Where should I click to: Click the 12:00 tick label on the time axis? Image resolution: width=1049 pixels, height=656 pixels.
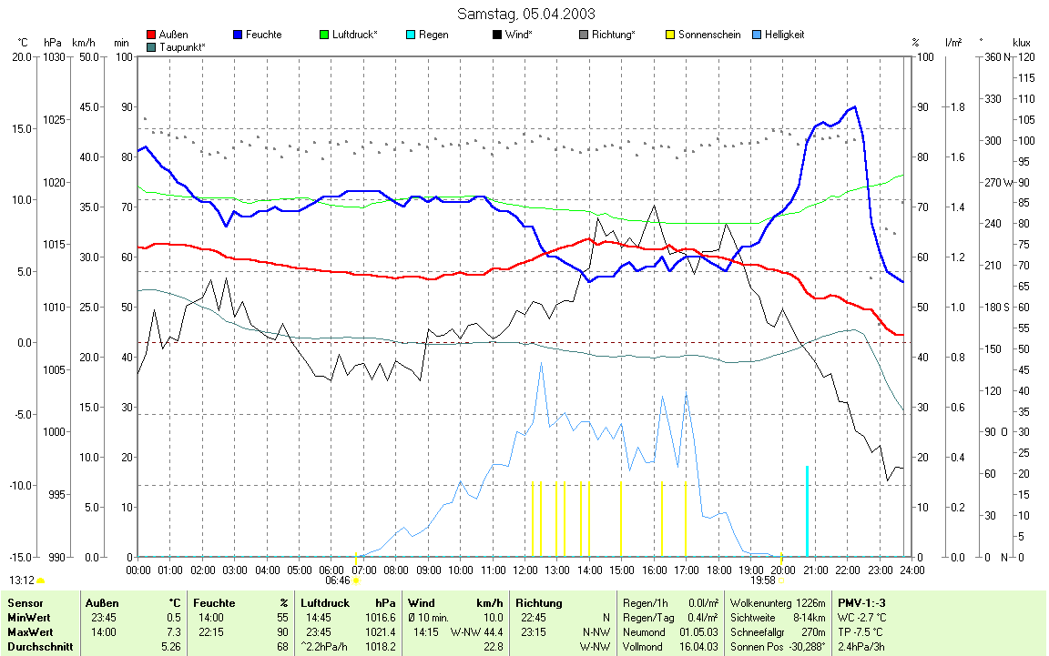(524, 570)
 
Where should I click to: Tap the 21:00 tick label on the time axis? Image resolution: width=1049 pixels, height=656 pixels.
(815, 570)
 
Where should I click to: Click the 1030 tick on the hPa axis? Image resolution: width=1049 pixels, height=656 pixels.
(54, 57)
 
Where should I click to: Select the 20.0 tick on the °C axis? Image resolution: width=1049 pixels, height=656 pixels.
(21, 57)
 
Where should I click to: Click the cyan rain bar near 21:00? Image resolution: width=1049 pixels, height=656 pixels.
(807, 510)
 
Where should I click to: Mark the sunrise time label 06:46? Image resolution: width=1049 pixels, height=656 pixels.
(337, 580)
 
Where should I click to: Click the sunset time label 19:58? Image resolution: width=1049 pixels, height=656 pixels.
(763, 580)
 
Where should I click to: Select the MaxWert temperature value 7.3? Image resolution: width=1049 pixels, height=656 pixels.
(174, 631)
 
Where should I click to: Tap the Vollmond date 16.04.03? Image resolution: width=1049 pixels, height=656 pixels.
(699, 647)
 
